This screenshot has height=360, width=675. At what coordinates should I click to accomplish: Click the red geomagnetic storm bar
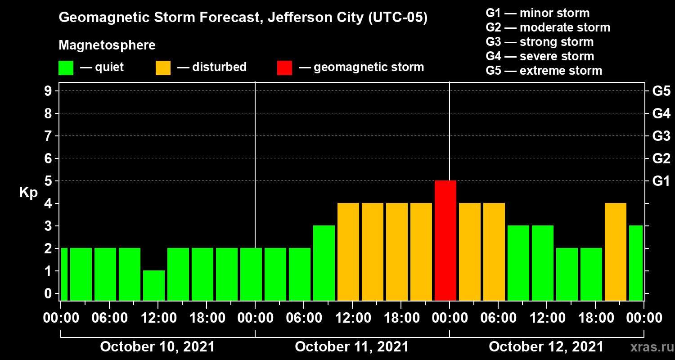point(445,240)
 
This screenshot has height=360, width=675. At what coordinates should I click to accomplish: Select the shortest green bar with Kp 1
point(154,285)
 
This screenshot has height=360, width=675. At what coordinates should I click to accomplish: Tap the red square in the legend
point(284,67)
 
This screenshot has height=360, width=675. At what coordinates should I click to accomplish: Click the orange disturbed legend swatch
point(163,67)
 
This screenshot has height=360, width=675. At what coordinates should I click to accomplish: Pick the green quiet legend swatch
point(66,67)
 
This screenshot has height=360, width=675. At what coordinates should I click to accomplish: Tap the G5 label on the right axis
point(661,91)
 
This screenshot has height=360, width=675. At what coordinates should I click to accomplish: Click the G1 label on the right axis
point(661,181)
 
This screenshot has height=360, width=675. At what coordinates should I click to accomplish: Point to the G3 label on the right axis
point(661,136)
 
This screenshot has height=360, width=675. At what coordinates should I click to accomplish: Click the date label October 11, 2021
point(352,347)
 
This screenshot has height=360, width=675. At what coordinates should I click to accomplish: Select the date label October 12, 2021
point(546,347)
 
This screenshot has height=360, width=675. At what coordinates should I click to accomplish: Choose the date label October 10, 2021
point(157,347)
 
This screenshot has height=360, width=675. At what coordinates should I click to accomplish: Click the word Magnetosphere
point(107,45)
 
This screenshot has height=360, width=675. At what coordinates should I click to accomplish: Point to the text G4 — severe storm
point(540,56)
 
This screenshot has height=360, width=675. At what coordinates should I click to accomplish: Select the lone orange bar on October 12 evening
point(616,252)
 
